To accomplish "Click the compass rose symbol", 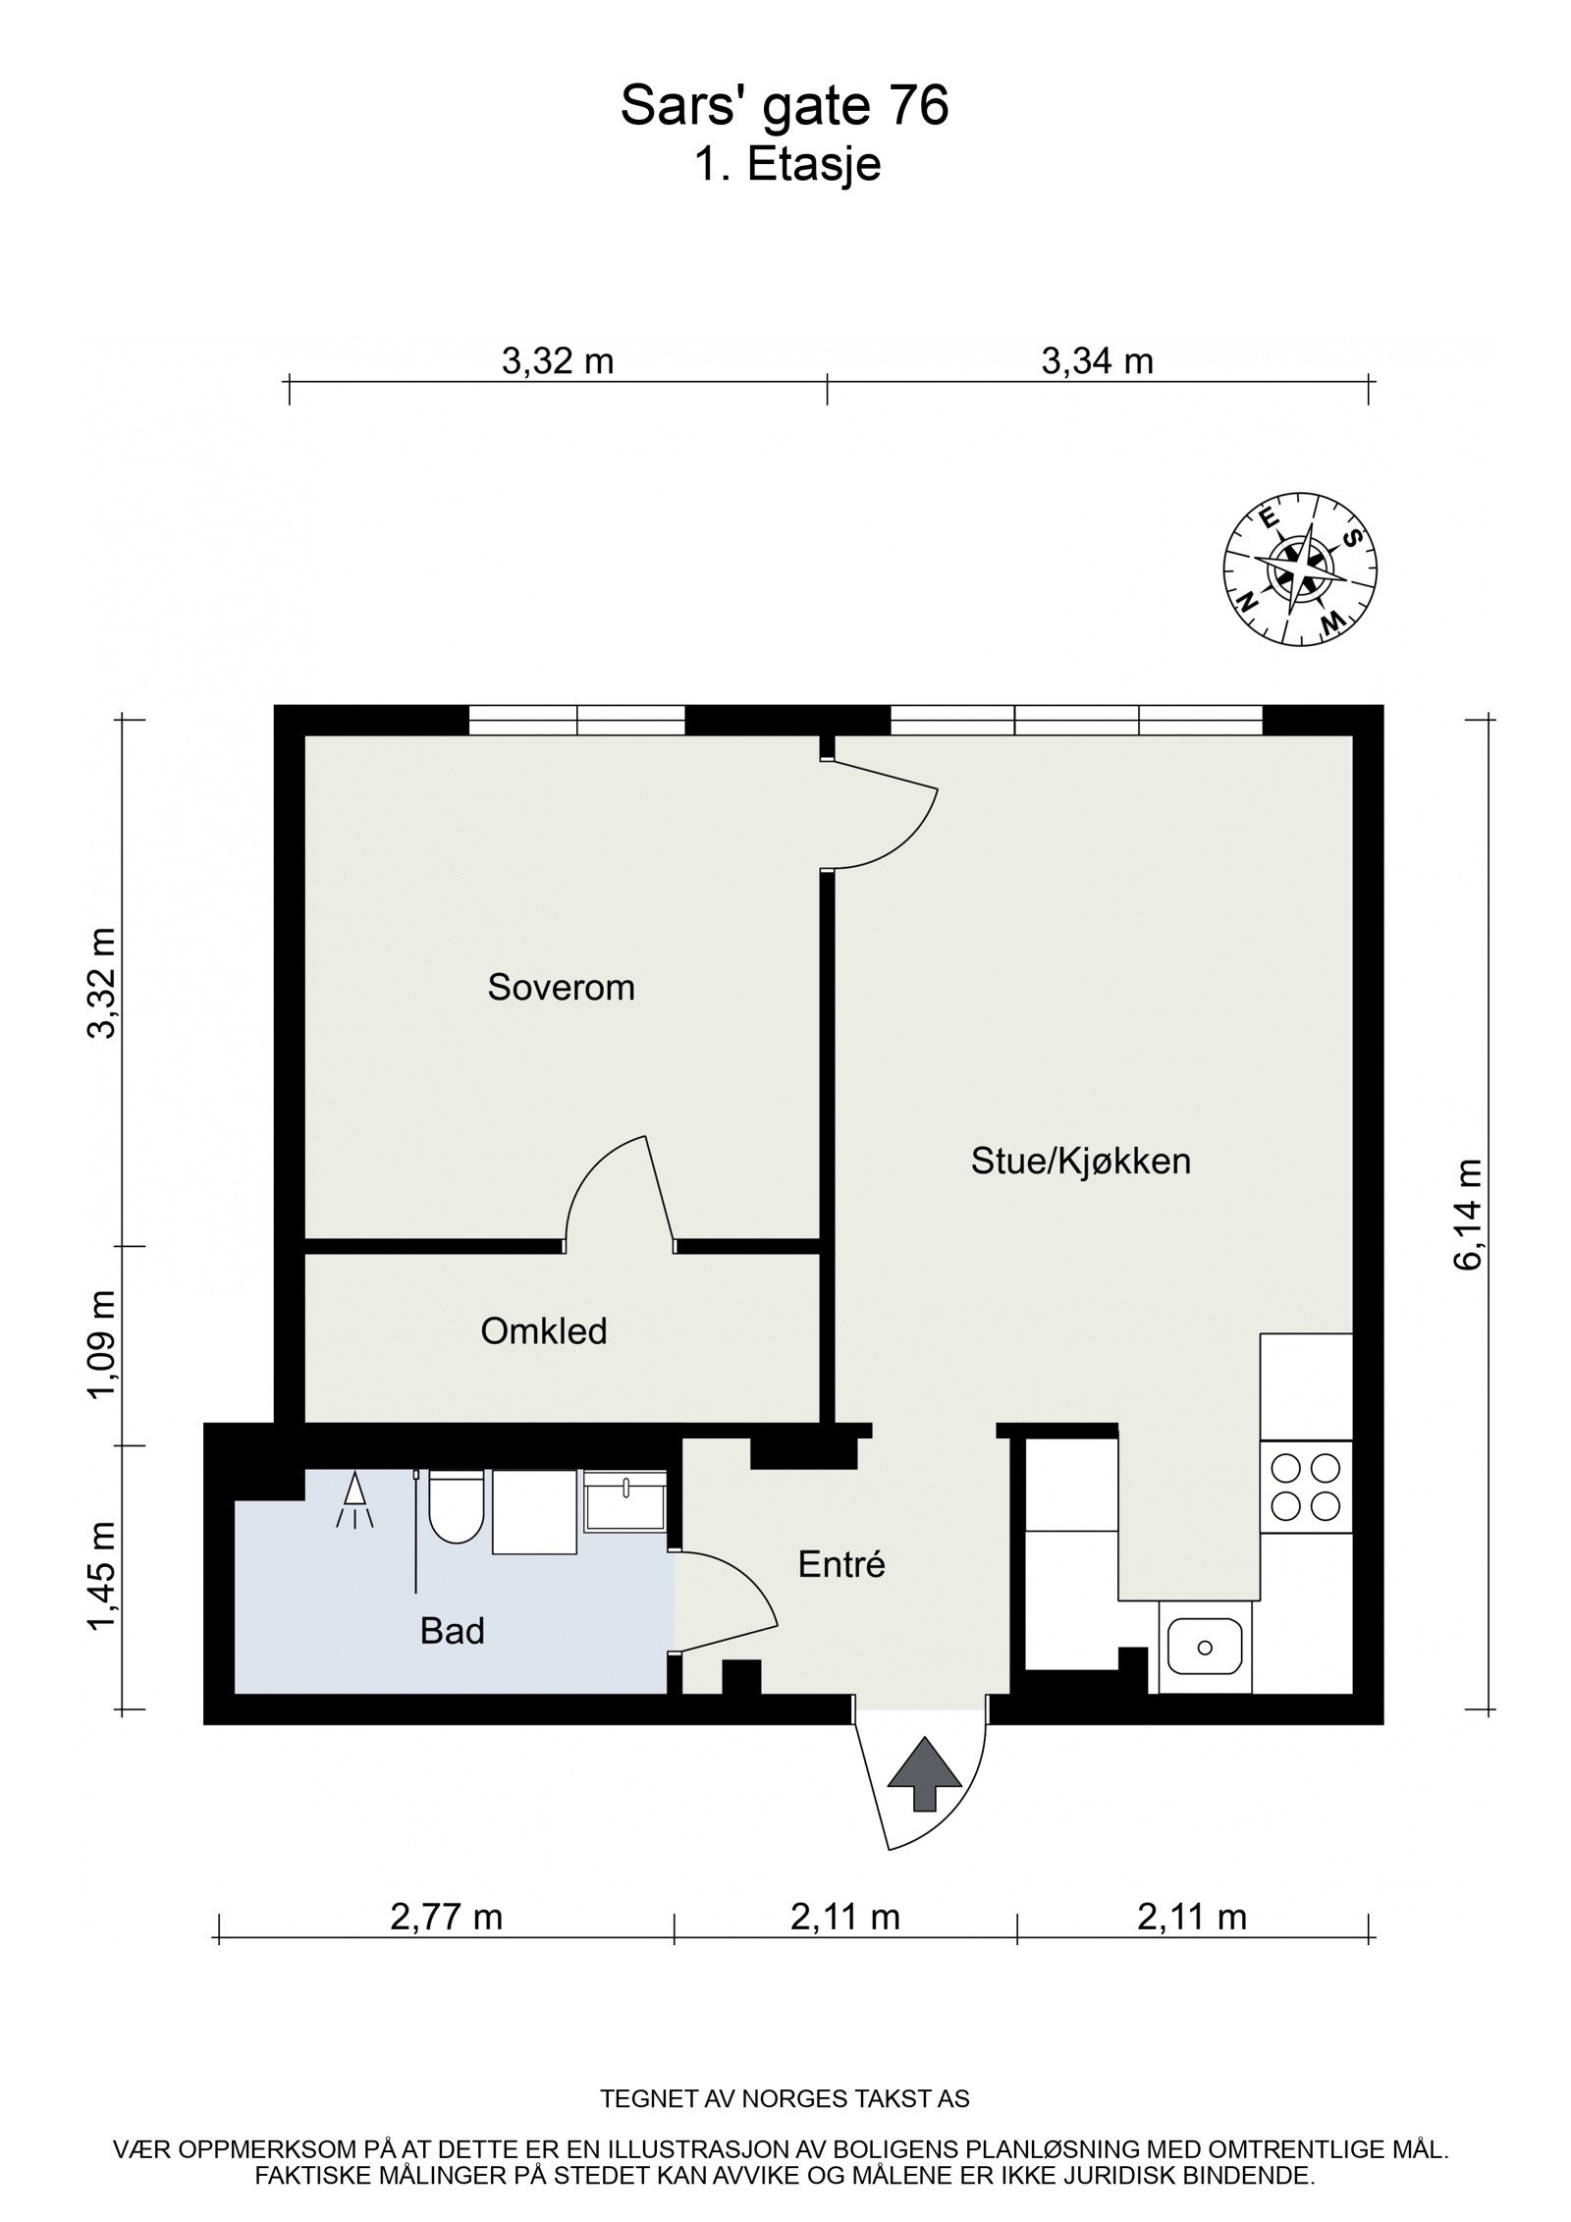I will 1298,569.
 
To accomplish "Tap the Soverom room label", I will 561,987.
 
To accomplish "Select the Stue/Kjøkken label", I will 1080,1161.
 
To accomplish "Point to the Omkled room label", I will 543,1331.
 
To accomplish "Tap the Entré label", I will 841,1564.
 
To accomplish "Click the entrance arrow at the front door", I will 923,1773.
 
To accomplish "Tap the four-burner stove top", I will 1306,1487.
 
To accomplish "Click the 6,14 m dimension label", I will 1469,1215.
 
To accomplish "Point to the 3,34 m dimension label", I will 1097,361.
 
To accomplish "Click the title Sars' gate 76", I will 785,106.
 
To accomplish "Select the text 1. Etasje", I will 786,165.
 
